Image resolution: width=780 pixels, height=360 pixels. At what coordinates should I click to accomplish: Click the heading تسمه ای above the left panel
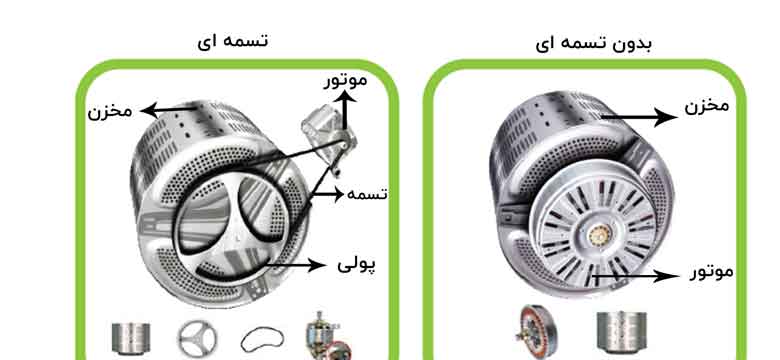coord(233,40)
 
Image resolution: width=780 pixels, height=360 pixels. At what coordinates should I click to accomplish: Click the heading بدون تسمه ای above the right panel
coord(593,43)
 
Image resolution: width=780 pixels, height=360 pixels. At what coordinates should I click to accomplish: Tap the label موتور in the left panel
coord(346,81)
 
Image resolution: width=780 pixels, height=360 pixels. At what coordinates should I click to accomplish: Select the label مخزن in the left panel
coord(110,111)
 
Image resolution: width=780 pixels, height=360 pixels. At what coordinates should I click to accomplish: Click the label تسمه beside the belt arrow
coord(367,194)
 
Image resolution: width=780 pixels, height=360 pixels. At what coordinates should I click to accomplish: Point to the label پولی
coord(357,265)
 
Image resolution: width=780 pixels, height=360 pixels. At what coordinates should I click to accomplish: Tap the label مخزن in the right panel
coord(707,105)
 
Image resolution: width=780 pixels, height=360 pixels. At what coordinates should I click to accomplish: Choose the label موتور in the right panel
coord(711,272)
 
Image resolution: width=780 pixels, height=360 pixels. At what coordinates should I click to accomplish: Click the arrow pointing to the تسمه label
coord(328,194)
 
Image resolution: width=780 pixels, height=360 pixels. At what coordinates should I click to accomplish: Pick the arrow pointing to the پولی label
coord(293,265)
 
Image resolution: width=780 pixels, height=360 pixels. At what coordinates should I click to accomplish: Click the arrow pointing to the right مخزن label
coord(640,117)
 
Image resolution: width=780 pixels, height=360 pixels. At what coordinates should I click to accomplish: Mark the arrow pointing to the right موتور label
coord(637,275)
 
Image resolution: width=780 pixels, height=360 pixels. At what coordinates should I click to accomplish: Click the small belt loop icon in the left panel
coord(263,339)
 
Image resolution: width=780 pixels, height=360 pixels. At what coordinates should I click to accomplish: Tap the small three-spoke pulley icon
coord(197,339)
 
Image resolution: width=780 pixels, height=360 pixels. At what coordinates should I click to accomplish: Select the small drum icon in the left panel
coord(131,340)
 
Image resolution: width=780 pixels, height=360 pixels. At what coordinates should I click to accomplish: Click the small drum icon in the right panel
coord(621,333)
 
